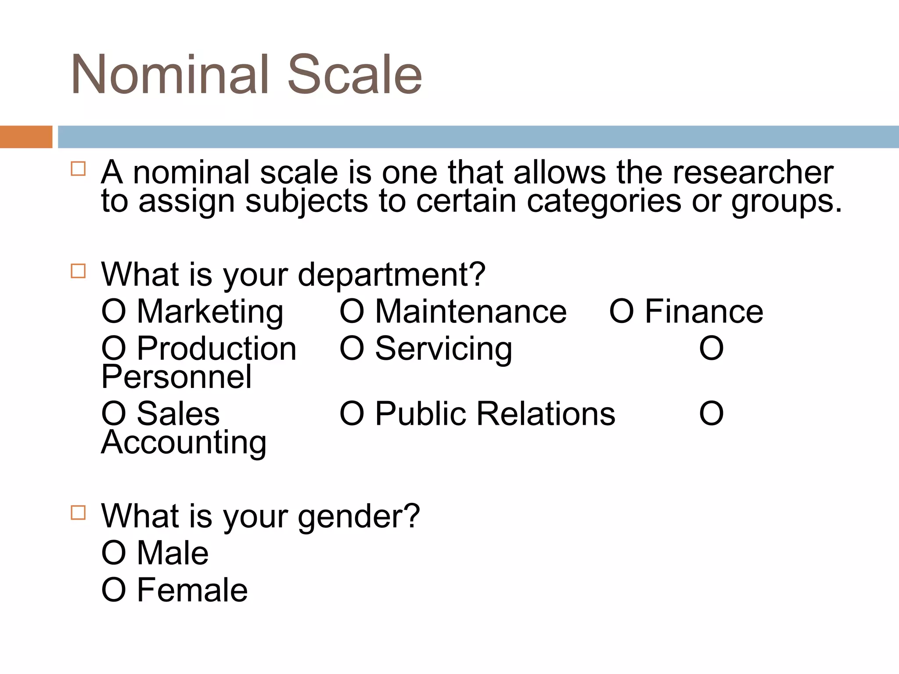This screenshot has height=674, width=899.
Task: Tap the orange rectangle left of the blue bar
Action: (26, 137)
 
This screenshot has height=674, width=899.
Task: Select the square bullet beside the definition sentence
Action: (78, 169)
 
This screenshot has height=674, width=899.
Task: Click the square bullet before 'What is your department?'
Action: (78, 271)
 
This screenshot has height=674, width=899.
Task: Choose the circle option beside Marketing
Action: (114, 312)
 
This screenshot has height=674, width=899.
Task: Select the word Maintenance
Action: (471, 312)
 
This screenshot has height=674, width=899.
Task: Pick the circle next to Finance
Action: (622, 312)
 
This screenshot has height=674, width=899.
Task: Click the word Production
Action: (217, 349)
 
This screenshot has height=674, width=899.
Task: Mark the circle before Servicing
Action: (352, 349)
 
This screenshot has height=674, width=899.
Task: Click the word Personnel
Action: (176, 377)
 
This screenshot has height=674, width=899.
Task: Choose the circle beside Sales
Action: (114, 414)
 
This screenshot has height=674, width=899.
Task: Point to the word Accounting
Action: (184, 442)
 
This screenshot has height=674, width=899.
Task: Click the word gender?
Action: (359, 517)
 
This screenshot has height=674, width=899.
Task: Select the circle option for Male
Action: (114, 553)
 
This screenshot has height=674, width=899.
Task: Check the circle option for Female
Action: (114, 590)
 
